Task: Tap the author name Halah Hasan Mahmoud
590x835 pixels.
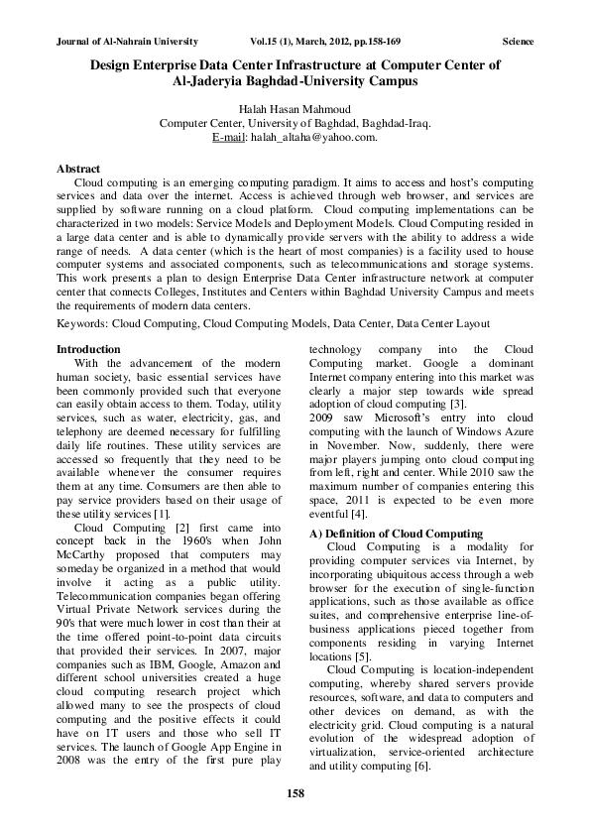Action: tap(295, 109)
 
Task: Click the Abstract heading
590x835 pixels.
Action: tap(78, 170)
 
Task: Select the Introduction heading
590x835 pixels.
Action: tap(88, 349)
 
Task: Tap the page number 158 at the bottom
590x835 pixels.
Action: tap(295, 792)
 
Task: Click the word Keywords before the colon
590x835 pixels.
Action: tap(81, 322)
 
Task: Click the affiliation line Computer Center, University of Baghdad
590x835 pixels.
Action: tap(295, 123)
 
